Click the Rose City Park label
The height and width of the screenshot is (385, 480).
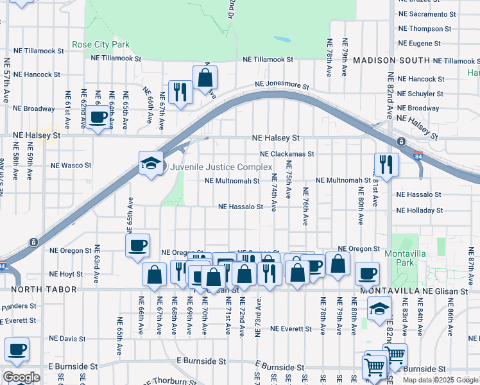coord(101,45)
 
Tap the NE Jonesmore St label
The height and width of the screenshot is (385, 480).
coord(282,85)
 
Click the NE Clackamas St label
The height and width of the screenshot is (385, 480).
coord(287,154)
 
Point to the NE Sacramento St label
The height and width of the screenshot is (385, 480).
coord(427,13)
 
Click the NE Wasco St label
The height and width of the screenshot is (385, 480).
coord(71,165)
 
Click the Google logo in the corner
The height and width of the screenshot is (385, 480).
coord(21,377)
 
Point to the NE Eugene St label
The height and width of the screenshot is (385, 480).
coord(419,44)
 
